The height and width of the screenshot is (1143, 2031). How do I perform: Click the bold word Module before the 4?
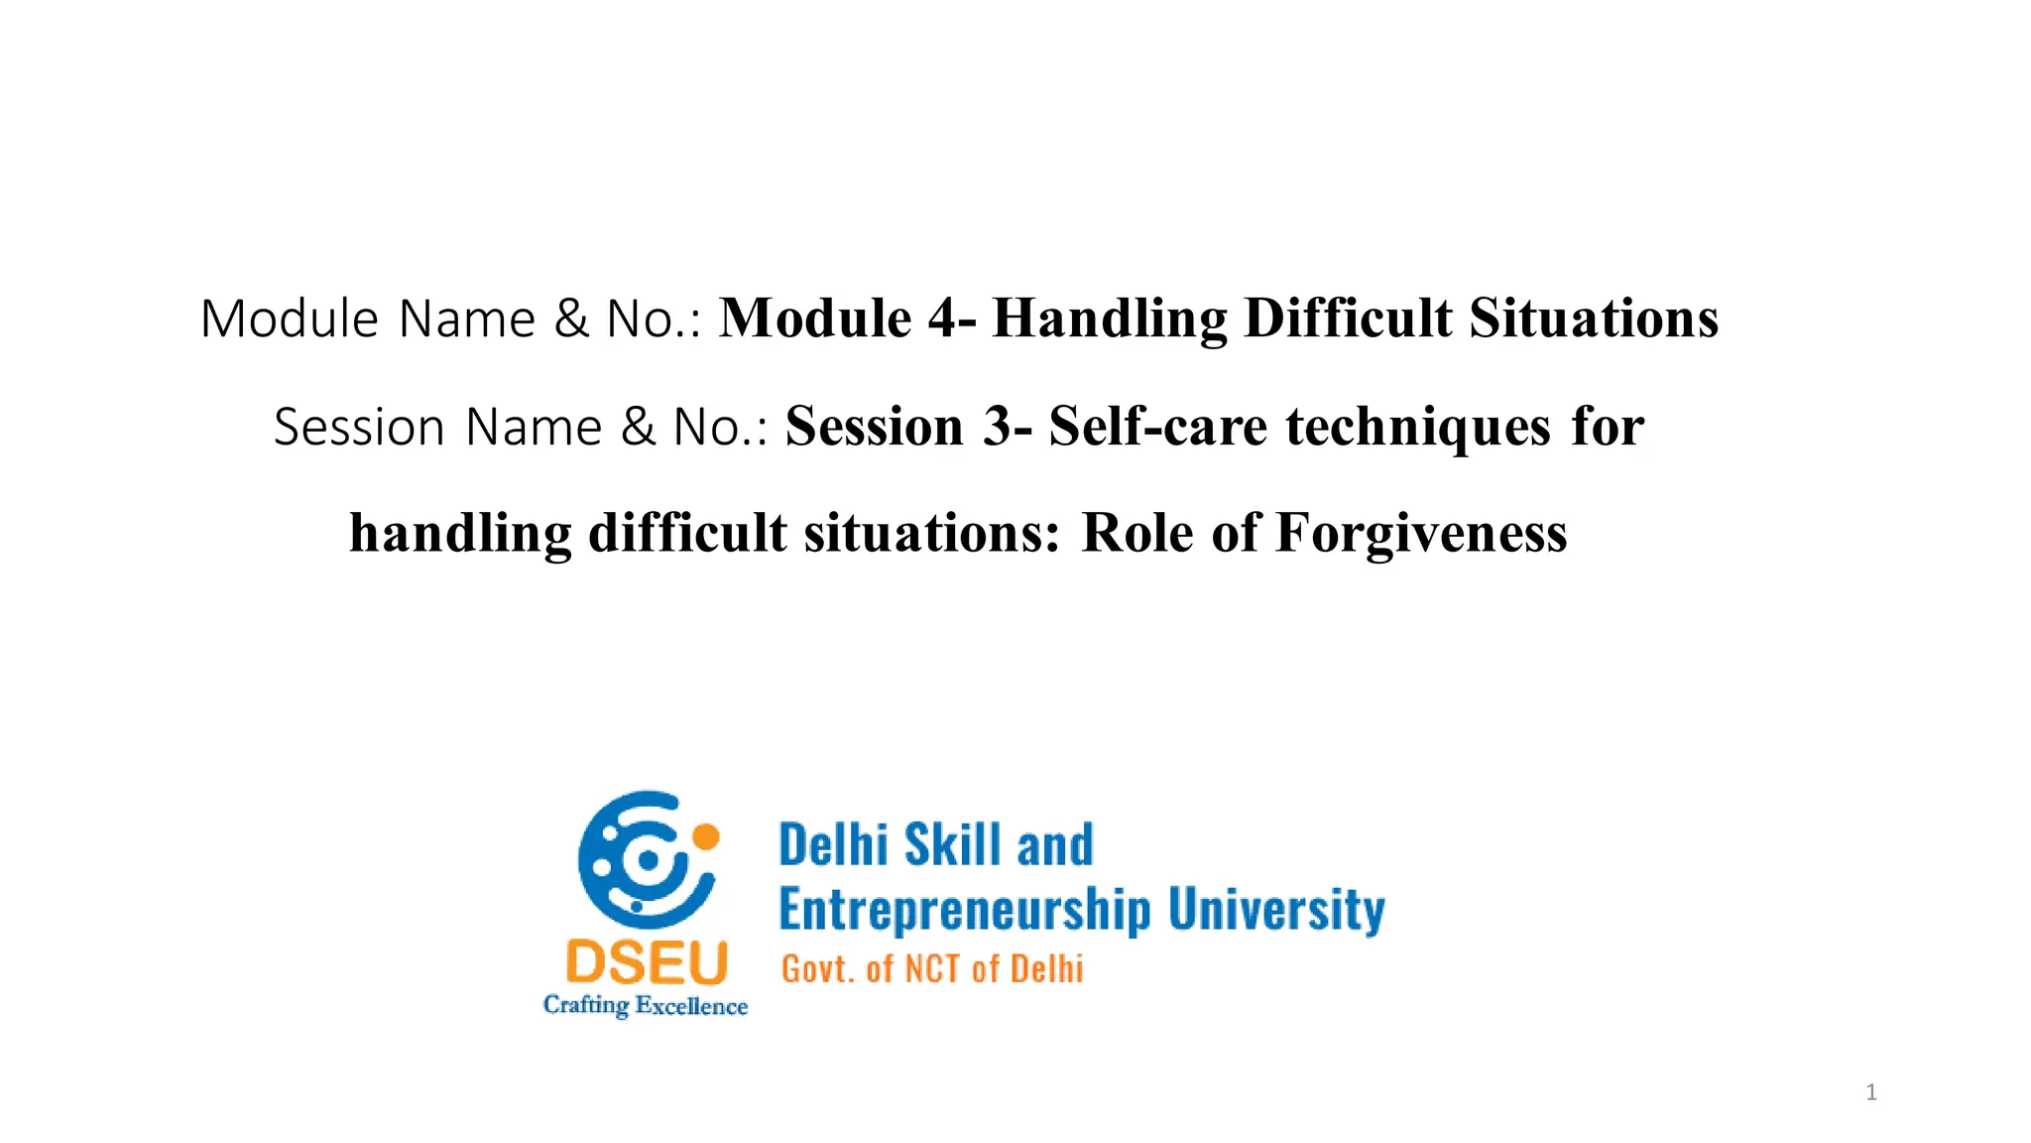(x=814, y=318)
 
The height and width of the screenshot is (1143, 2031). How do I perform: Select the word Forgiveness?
(x=1421, y=533)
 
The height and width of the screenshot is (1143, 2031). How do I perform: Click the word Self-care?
(x=1157, y=427)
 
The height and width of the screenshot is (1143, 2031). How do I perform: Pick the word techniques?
(x=1418, y=427)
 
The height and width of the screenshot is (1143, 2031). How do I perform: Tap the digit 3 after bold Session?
(x=998, y=427)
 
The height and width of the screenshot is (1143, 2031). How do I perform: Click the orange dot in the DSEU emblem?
(x=705, y=836)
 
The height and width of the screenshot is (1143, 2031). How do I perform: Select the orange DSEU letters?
(x=647, y=963)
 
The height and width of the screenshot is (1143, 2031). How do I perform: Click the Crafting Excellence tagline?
(x=646, y=1005)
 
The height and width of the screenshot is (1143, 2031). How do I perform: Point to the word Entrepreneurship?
(x=965, y=910)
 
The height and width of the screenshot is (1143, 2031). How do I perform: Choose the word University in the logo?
(x=1276, y=910)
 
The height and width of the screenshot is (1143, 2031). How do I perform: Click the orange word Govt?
(x=818, y=968)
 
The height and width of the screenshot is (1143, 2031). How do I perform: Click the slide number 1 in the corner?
(x=1870, y=1092)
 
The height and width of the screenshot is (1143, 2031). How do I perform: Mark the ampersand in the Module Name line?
(x=570, y=318)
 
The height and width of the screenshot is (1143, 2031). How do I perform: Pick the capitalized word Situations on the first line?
(x=1594, y=318)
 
